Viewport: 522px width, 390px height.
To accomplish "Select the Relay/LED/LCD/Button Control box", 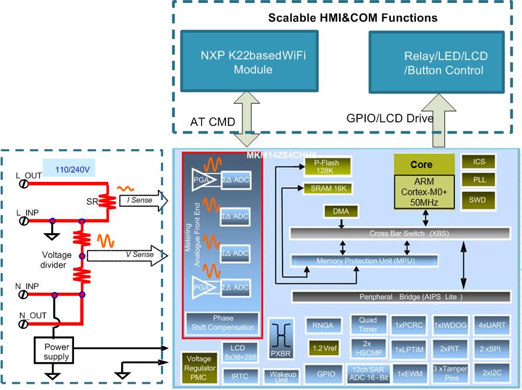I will [444, 63].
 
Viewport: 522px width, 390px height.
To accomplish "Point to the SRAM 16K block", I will [328, 188].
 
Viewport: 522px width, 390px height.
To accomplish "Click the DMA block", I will [341, 210].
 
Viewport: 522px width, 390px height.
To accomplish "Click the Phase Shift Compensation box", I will [223, 322].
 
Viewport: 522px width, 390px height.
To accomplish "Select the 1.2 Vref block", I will [325, 349].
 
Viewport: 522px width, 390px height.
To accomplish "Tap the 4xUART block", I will [492, 324].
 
